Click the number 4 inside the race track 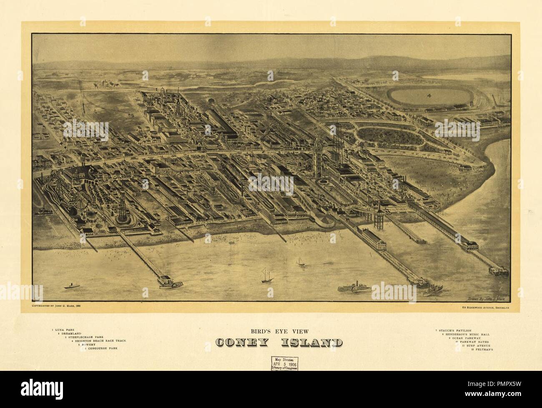pos(429,96)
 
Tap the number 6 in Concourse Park pos(381,136)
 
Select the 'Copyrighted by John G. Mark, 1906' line pos(56,306)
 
